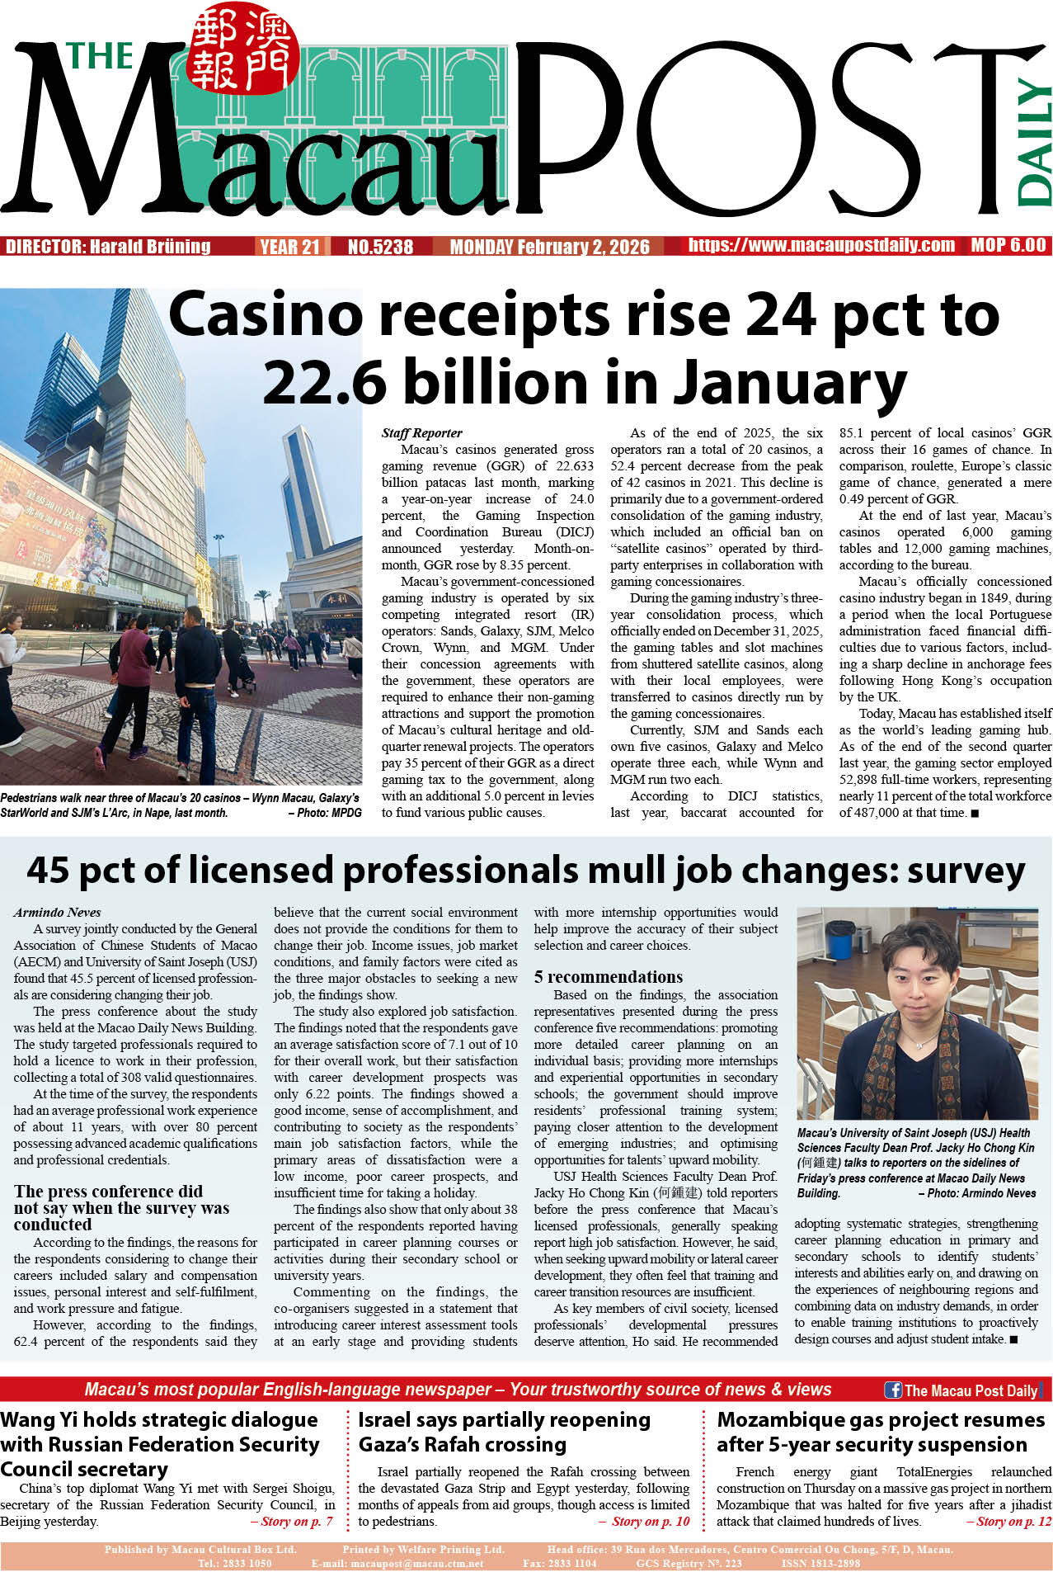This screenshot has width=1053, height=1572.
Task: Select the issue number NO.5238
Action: tap(380, 247)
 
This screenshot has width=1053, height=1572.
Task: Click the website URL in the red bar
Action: tap(821, 245)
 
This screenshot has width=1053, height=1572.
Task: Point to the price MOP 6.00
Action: tap(1008, 245)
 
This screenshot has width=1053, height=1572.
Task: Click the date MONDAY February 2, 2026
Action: tap(549, 247)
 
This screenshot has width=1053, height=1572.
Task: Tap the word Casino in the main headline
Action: tap(266, 315)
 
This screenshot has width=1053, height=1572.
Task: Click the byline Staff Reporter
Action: tap(421, 433)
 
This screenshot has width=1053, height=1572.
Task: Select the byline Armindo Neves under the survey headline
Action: tap(57, 913)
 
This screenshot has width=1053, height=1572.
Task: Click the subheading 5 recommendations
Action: tap(609, 977)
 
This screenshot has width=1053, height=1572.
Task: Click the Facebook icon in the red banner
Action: tap(892, 1390)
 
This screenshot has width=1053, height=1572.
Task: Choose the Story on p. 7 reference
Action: tap(291, 1522)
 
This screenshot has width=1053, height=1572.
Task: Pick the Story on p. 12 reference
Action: tap(1008, 1522)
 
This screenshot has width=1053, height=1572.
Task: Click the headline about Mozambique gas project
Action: tap(880, 1432)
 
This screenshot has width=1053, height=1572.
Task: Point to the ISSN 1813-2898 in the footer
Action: tap(820, 1563)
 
